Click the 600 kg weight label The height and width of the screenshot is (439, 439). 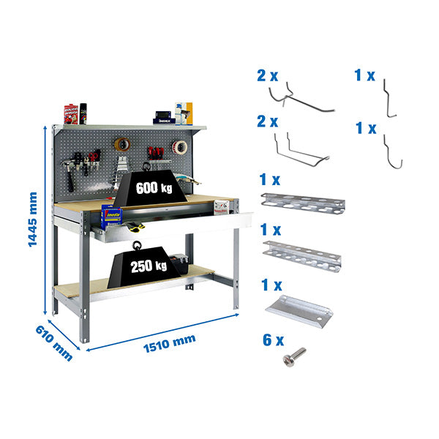click(x=154, y=187)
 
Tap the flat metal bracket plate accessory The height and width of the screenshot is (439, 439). click(x=299, y=308)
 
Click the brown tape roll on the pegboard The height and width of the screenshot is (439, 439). click(x=121, y=145)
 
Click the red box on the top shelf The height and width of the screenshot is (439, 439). click(x=71, y=113)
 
